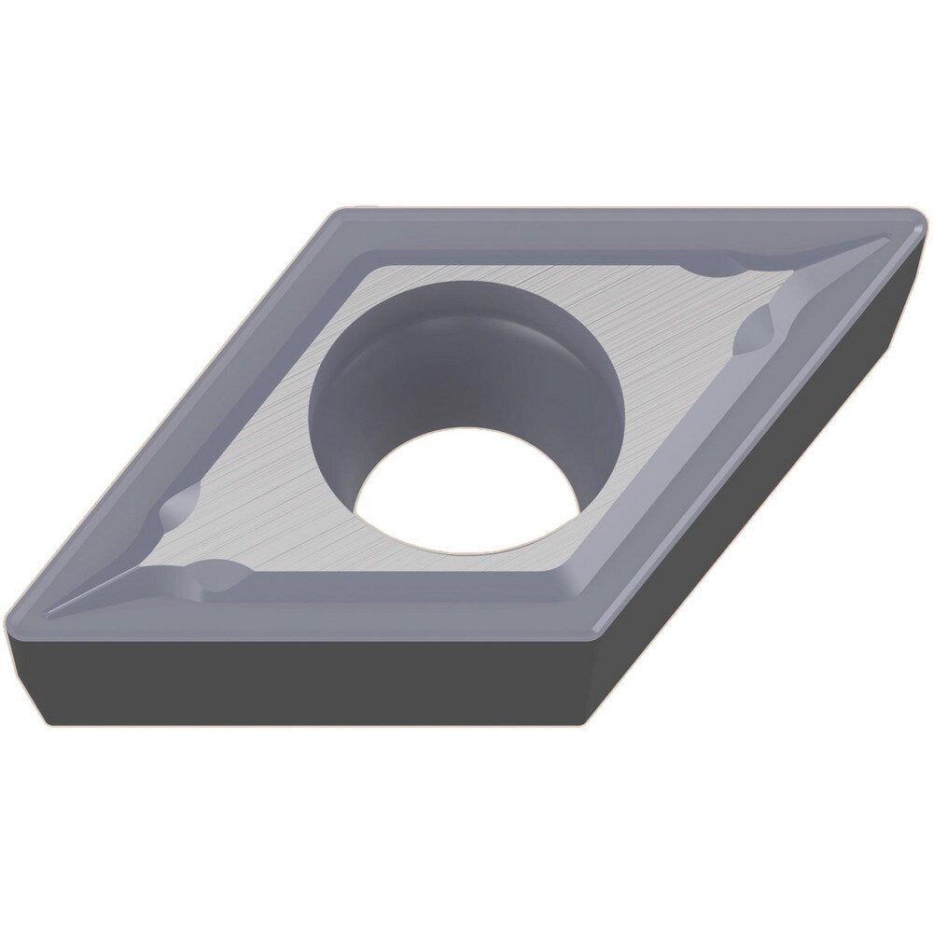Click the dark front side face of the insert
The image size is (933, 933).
pyautogui.click(x=308, y=681)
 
